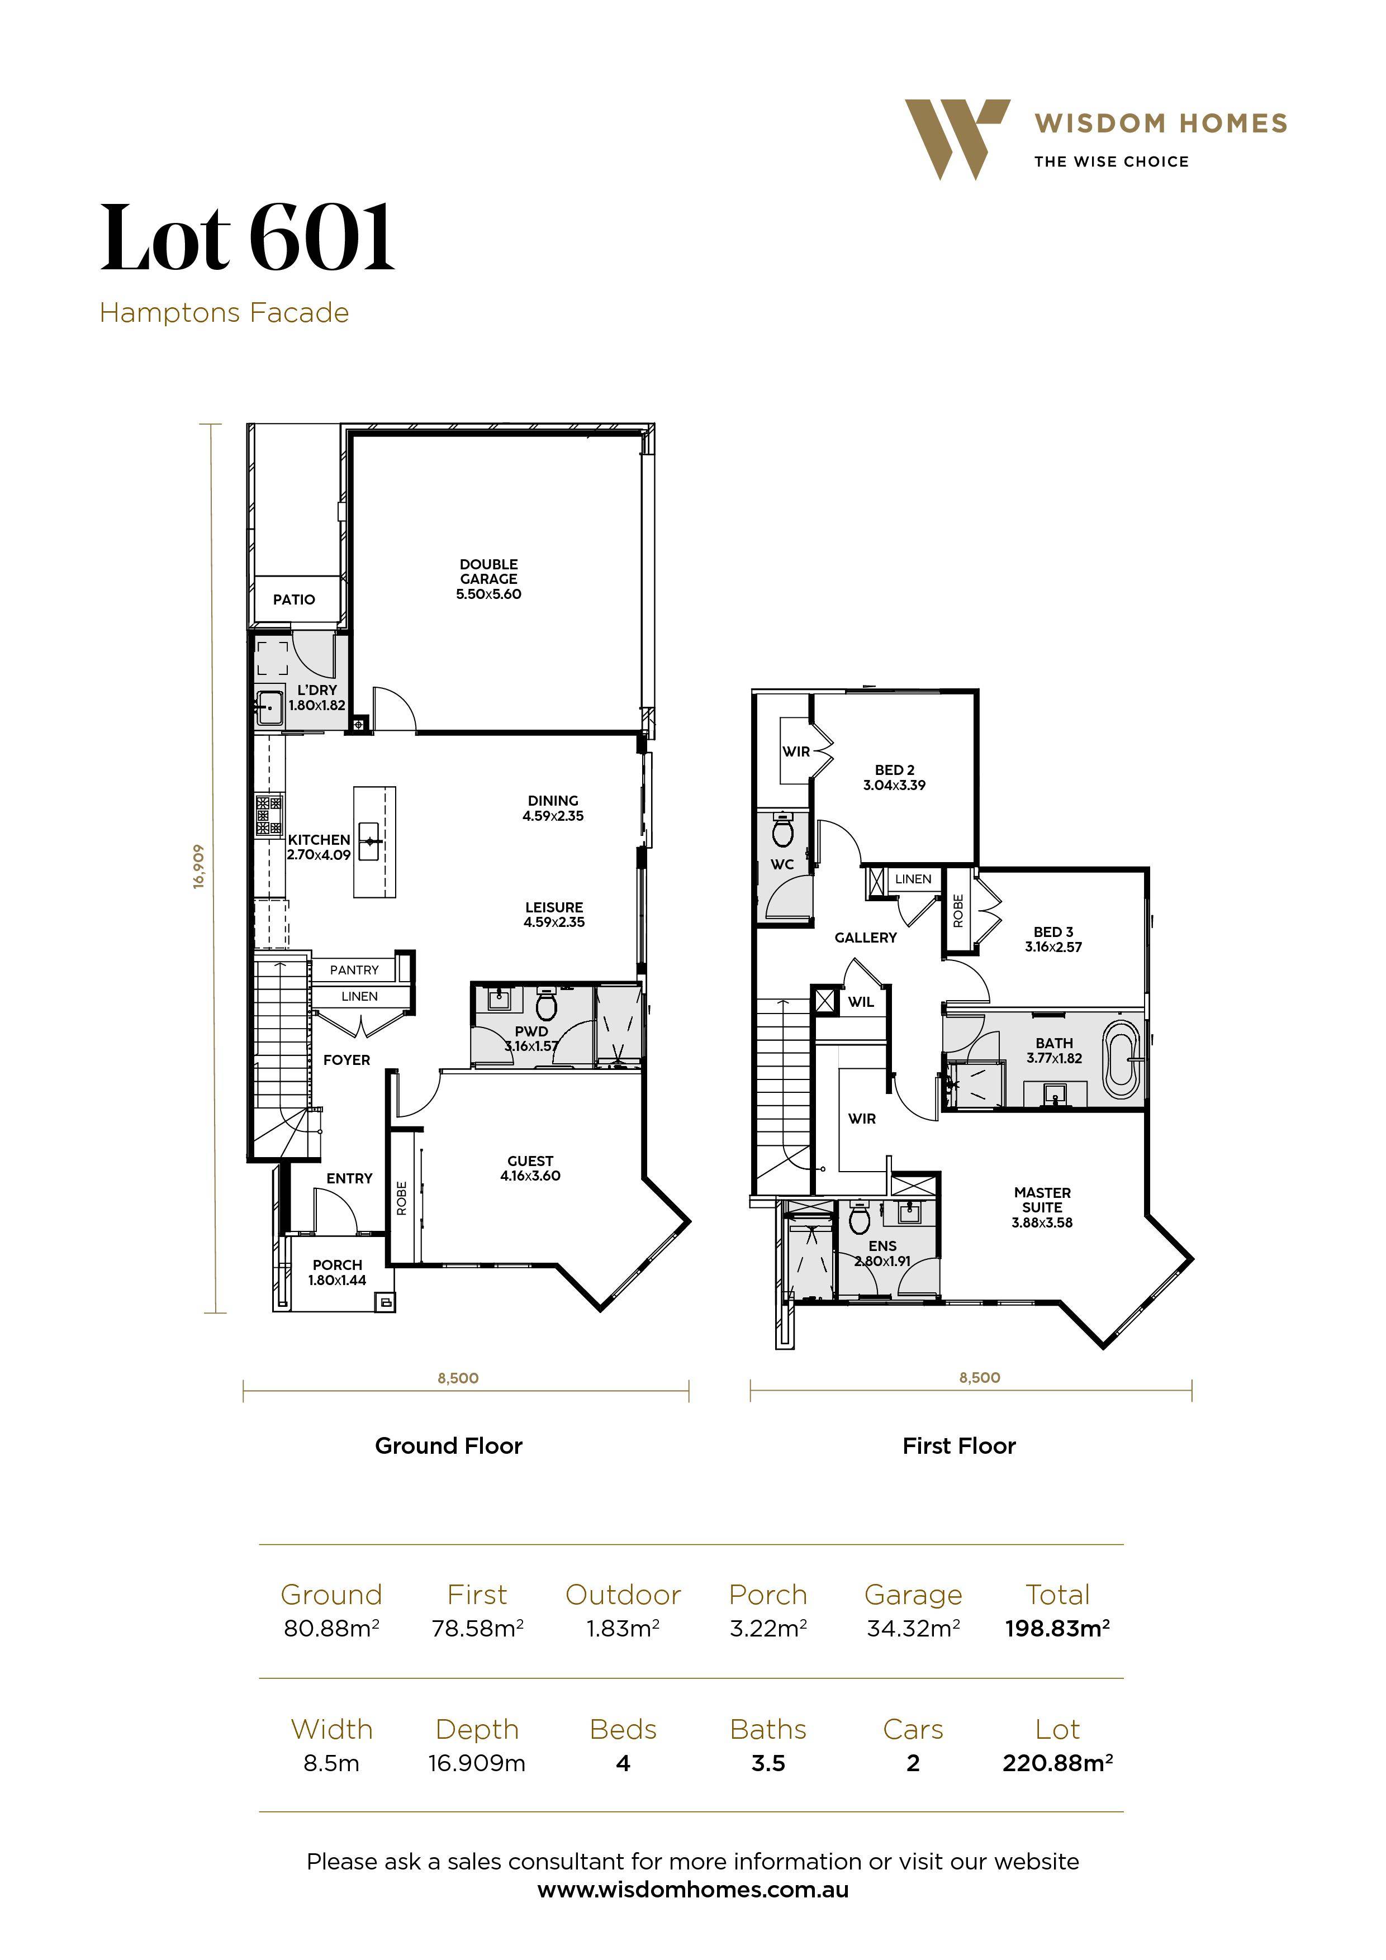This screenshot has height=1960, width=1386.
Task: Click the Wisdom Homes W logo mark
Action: (955, 136)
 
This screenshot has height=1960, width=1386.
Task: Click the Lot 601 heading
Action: (248, 239)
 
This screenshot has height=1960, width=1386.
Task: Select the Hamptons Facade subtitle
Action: (224, 313)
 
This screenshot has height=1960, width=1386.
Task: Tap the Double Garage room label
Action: (488, 579)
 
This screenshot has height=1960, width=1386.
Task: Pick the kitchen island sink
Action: (370, 841)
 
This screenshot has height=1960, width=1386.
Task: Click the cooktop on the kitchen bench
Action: (269, 815)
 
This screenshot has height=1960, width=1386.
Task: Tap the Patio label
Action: (294, 600)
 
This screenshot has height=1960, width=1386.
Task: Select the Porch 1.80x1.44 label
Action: (338, 1272)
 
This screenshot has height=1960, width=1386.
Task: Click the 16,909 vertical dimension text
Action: (198, 867)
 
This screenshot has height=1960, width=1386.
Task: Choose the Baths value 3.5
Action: (768, 1764)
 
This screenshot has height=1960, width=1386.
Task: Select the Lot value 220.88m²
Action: (1057, 1764)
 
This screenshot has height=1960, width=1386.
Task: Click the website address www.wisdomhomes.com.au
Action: (692, 1890)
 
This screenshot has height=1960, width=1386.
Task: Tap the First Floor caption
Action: (959, 1446)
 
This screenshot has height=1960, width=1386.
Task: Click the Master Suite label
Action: (1042, 1207)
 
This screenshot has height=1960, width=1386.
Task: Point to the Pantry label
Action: (354, 970)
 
